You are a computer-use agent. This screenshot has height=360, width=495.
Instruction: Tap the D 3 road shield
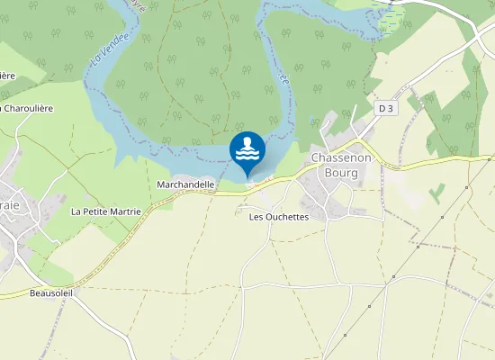386,108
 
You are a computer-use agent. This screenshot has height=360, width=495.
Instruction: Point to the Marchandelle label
185,184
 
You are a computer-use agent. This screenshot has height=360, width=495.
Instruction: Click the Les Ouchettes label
278,217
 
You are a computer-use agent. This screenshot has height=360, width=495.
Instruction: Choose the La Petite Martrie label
105,211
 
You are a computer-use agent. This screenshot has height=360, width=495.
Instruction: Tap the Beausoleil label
50,292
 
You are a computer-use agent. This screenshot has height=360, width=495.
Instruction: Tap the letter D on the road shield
382,108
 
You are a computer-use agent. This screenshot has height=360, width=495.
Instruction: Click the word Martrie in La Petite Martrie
124,211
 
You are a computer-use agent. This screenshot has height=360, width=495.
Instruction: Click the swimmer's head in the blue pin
247,140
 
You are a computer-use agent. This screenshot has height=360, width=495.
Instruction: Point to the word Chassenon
336,157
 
